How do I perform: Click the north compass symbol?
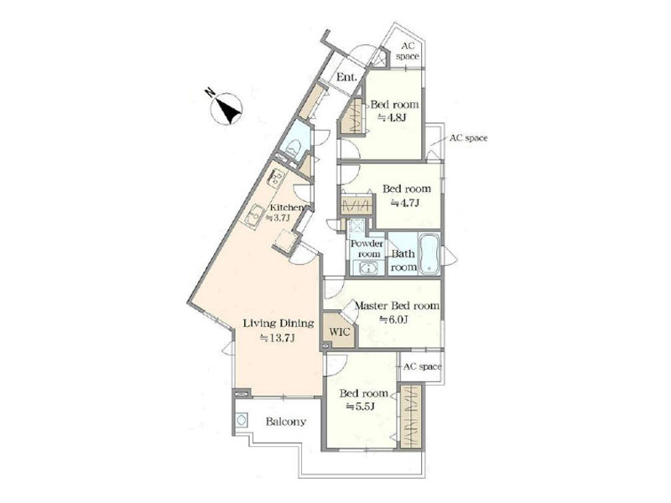(x=226, y=109)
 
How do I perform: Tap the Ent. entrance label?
(x=346, y=77)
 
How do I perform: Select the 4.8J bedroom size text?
(x=392, y=117)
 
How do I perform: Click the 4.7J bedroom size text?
(x=404, y=203)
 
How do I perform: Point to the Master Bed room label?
(x=397, y=306)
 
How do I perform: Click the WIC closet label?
(x=340, y=332)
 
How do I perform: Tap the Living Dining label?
(x=278, y=324)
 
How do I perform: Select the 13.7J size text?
(x=278, y=339)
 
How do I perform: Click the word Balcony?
(x=286, y=422)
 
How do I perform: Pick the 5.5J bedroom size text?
(x=361, y=407)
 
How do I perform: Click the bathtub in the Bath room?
(x=429, y=253)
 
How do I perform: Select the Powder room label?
(x=367, y=249)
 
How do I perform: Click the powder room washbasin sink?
(x=367, y=268)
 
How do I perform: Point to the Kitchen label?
(x=286, y=208)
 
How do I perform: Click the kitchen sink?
(x=255, y=216)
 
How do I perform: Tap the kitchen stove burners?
(x=275, y=177)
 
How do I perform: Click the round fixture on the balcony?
(x=242, y=420)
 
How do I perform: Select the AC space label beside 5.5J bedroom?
(x=423, y=366)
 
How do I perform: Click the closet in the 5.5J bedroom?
(x=411, y=417)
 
